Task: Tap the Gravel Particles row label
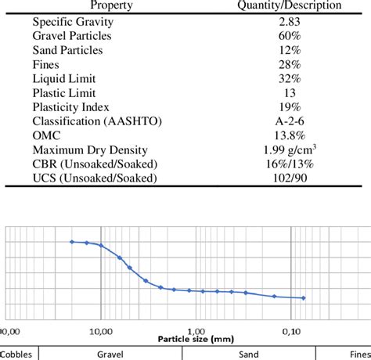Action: (x=72, y=37)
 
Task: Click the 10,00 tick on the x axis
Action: (x=103, y=330)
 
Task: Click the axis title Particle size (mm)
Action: (x=196, y=340)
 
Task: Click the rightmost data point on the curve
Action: (x=303, y=298)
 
